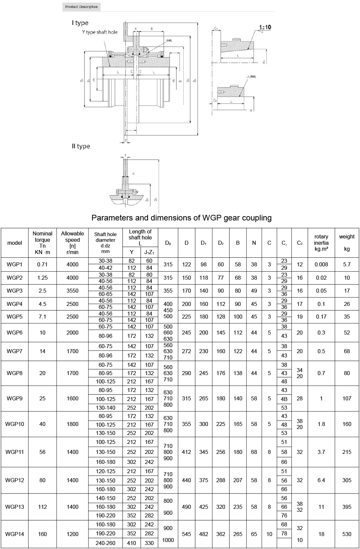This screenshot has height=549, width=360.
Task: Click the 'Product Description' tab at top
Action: point(82,7)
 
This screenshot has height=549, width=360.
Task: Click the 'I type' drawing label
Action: point(80,23)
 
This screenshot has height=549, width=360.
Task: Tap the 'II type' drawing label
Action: point(81,146)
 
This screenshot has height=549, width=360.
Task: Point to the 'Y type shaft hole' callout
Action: point(100,32)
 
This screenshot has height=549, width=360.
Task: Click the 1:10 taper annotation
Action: point(265,27)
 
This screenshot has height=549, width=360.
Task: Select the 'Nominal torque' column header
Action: point(43,243)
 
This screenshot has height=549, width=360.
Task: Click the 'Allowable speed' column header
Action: point(73,243)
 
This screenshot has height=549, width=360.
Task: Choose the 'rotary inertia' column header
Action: point(321,243)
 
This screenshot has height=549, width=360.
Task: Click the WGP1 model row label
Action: point(15,265)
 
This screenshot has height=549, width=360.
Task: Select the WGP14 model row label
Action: point(15,534)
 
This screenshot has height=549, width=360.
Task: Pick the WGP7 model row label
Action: point(15,351)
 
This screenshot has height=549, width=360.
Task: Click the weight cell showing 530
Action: point(347,534)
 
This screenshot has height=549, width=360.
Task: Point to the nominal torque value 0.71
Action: point(43,265)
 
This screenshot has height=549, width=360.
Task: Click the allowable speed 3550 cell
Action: point(73,291)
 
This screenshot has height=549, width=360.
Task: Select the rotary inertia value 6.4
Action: point(321,480)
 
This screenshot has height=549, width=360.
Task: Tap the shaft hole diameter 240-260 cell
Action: point(105,543)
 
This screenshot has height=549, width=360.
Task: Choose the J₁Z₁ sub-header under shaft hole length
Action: point(149,252)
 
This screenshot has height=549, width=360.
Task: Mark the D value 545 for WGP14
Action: point(186,534)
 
